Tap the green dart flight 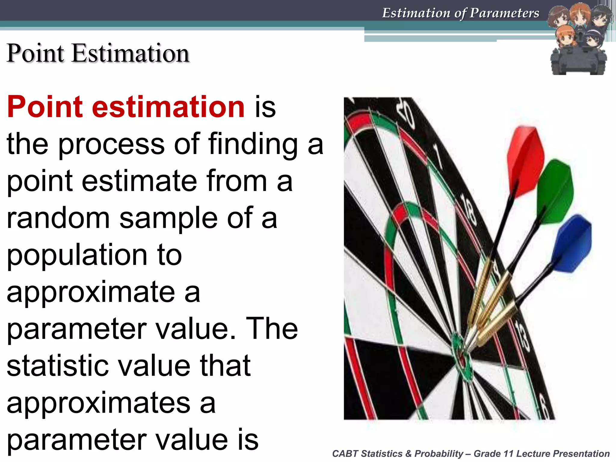[x=555, y=192]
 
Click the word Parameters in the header [x=504, y=13]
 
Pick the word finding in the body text [x=253, y=144]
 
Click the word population [x=77, y=255]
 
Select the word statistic [x=57, y=366]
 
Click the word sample [x=168, y=218]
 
